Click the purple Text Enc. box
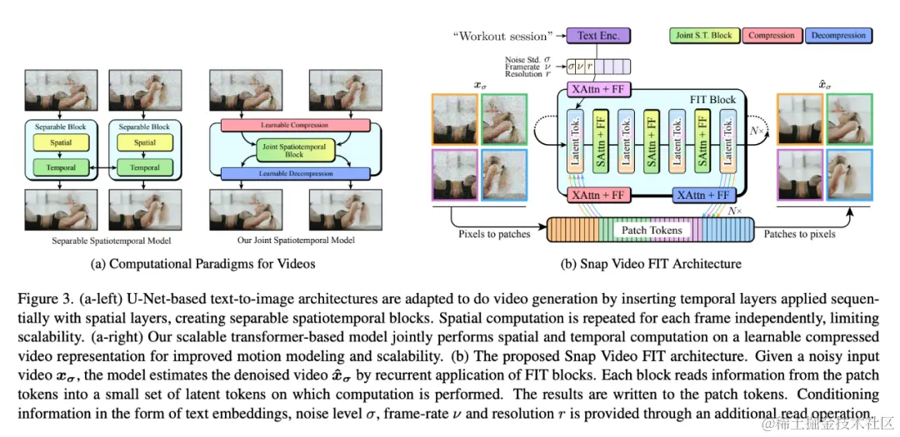click(x=597, y=35)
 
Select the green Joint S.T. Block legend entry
click(x=704, y=35)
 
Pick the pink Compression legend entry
click(x=770, y=35)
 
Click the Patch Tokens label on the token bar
click(x=652, y=230)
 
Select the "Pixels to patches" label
click(x=494, y=234)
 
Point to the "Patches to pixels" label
click(x=800, y=234)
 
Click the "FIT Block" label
click(x=712, y=100)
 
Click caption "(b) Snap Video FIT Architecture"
click(x=652, y=264)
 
